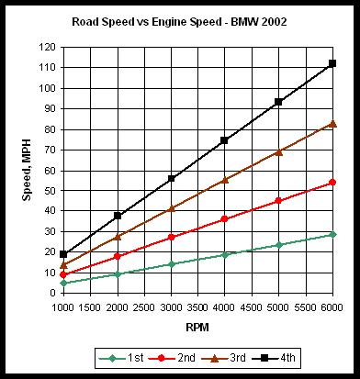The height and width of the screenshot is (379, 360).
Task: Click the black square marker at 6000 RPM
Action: pos(332,64)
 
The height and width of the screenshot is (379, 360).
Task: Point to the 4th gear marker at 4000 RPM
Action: pos(225,140)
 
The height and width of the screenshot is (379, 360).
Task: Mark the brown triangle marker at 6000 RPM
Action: pos(332,123)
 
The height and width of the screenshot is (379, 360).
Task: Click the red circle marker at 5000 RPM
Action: pos(278,201)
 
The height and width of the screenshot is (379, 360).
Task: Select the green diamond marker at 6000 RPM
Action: pos(332,234)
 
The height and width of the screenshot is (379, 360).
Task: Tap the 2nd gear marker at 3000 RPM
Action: pos(171,237)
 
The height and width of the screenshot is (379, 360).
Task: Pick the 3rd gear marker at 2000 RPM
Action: pos(118,237)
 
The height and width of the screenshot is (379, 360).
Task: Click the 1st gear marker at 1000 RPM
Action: pos(63,284)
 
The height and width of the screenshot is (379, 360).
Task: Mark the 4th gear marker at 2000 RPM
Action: pos(118,216)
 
